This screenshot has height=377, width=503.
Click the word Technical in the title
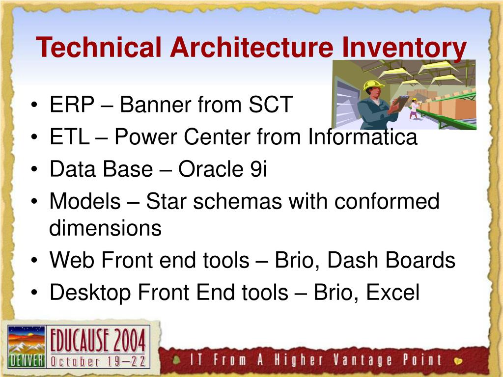tap(98, 47)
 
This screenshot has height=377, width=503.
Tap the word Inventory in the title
tap(404, 49)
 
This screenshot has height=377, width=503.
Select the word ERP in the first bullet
tap(72, 104)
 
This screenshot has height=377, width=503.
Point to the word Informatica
tap(363, 136)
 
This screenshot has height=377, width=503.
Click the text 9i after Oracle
tap(258, 169)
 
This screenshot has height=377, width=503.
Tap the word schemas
tap(237, 201)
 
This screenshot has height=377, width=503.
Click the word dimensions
tap(105, 228)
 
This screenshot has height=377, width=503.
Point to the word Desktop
tap(90, 294)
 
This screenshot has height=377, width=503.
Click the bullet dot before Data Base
tap(34, 169)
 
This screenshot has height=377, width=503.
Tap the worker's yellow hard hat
tap(373, 85)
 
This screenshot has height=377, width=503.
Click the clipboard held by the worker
tap(400, 103)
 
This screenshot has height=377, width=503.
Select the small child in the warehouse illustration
tap(414, 108)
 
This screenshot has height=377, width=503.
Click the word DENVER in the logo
tap(27, 361)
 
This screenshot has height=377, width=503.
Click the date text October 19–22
tap(98, 362)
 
